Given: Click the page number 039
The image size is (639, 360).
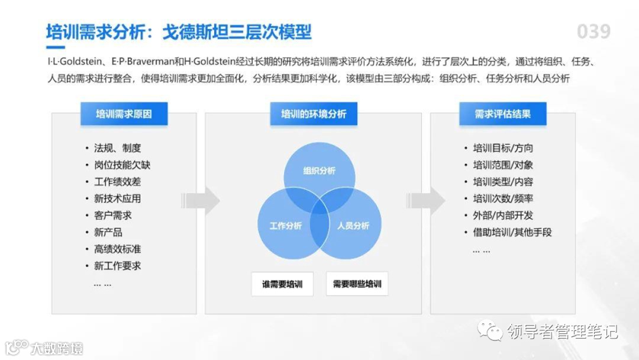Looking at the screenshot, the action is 593,31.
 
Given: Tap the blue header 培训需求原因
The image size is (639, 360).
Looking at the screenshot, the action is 124,114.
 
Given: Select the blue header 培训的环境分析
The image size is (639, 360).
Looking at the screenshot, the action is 314,114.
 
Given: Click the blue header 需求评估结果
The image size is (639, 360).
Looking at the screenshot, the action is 502,114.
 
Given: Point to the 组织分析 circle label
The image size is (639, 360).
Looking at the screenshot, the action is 319,171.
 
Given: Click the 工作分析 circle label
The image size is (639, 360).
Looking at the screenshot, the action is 286,226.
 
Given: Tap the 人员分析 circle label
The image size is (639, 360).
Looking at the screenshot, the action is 353,226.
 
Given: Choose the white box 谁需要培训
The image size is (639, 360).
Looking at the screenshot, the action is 282,284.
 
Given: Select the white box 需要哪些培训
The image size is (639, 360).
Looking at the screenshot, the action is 357,284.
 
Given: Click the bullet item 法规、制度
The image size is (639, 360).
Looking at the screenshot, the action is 117,148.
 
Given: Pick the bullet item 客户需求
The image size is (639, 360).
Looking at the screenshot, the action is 112,215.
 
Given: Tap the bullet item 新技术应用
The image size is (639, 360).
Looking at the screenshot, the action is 117,198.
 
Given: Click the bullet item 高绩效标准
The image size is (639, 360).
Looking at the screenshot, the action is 117,249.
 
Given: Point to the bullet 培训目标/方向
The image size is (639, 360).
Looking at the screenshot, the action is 502,148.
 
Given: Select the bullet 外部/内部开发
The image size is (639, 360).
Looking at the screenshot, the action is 502,215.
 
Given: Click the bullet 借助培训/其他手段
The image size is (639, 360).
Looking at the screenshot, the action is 512,232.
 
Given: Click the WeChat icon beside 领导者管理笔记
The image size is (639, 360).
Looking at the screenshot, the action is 490,330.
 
